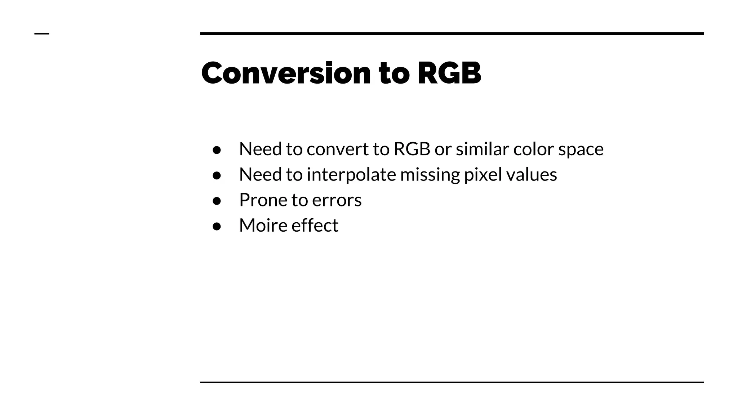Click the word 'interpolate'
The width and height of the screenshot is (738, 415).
click(351, 175)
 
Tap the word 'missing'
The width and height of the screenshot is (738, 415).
click(430, 175)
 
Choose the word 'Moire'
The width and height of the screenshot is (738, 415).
click(263, 226)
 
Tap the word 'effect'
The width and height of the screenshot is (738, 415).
click(315, 226)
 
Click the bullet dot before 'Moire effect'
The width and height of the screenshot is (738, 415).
click(217, 226)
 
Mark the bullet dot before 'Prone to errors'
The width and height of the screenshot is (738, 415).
click(217, 201)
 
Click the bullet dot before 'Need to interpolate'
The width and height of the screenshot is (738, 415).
click(217, 175)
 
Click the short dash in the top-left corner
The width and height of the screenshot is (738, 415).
click(41, 34)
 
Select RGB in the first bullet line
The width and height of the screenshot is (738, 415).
click(412, 149)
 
